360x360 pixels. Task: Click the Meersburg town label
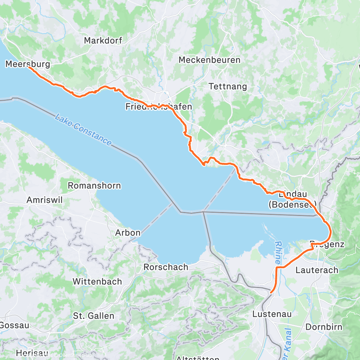28,64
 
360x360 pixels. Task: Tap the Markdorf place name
103,41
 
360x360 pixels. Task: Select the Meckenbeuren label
210,60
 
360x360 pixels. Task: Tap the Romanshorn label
94,186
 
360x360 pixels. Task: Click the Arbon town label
128,233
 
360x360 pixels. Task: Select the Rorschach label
166,267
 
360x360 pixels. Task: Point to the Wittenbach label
97,282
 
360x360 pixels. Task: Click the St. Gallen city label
94,316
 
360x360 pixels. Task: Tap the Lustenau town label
273,314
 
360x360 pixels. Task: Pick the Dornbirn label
324,327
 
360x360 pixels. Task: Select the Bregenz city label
327,244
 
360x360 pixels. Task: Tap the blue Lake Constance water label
83,130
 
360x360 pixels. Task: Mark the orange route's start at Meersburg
29,67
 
